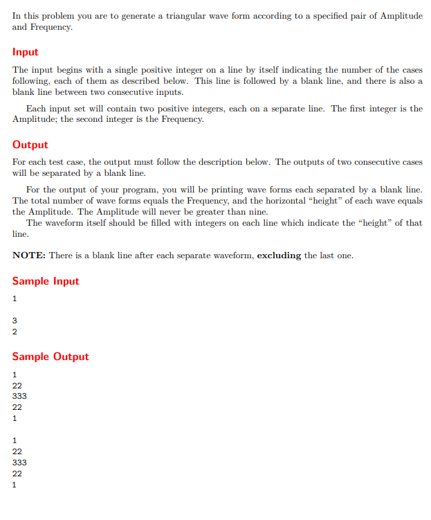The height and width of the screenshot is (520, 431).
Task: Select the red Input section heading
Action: tap(26, 52)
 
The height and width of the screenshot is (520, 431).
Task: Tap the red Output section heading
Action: tap(30, 145)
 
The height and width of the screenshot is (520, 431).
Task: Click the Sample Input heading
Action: tap(46, 281)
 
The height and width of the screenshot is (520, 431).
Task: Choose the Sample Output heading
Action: tap(51, 357)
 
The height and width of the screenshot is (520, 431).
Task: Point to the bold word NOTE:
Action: tap(28, 255)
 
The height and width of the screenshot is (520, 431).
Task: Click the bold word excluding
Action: tap(279, 255)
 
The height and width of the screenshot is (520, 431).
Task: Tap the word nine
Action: tap(256, 212)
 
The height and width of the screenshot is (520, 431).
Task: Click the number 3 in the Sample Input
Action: tap(15, 321)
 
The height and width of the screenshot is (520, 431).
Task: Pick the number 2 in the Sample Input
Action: tap(15, 332)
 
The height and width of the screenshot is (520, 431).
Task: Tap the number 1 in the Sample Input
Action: tap(15, 298)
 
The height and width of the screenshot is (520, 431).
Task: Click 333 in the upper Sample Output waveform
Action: tap(20, 396)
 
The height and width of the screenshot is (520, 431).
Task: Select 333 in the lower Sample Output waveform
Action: tap(20, 463)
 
